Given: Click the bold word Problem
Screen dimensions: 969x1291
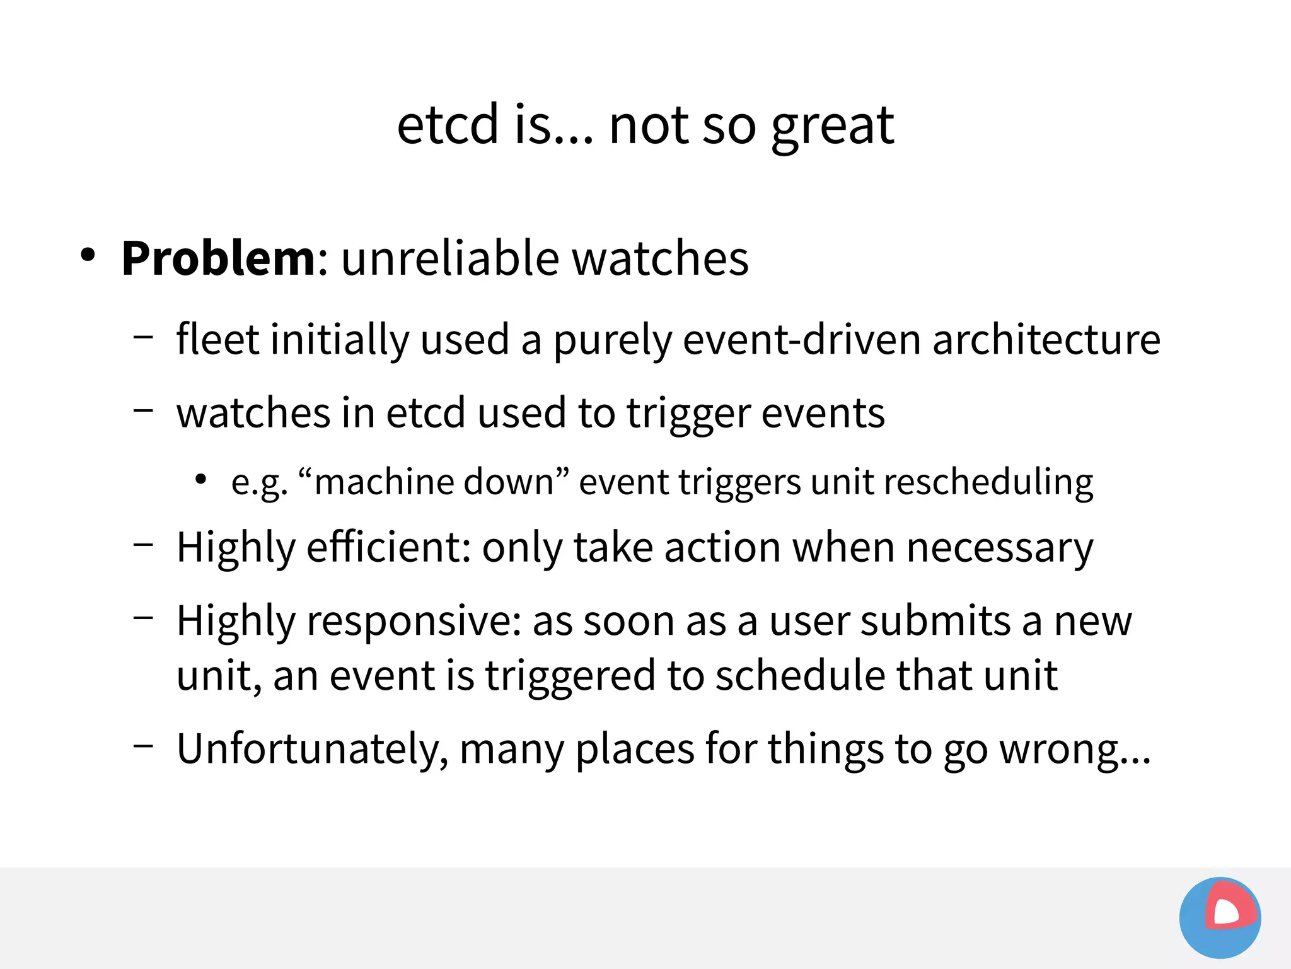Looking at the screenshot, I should [218, 258].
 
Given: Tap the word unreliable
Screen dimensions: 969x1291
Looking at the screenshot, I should [450, 258].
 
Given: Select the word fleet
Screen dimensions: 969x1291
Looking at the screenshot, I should [217, 340].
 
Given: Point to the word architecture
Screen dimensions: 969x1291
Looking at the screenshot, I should [1046, 340].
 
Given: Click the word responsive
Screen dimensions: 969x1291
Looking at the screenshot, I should [414, 622].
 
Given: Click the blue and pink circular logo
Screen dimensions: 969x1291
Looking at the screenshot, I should [1220, 917].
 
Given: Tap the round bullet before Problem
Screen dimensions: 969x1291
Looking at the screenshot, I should [88, 255].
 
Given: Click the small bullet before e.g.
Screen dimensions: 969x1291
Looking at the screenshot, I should [200, 480].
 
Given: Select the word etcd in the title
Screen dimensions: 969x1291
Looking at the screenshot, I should [448, 125].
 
